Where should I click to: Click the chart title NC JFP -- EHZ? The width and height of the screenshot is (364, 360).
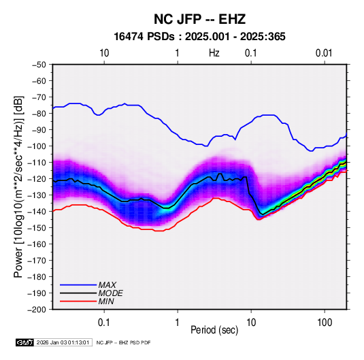(x=199, y=19)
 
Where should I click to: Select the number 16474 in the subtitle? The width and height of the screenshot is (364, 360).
(x=129, y=37)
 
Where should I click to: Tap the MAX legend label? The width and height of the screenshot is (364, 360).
(x=107, y=285)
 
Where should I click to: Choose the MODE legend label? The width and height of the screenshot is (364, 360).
(x=110, y=293)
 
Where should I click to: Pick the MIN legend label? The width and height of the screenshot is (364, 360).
(x=106, y=301)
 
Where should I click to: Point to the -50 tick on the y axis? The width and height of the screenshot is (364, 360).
(x=39, y=65)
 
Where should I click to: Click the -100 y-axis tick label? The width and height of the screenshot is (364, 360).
(x=37, y=146)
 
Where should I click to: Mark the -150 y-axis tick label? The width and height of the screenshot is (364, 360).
(x=37, y=228)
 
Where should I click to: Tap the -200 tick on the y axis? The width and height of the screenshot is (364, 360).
(x=37, y=310)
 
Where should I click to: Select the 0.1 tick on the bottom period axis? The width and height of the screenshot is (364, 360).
(x=104, y=323)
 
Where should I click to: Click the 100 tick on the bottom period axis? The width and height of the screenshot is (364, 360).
(x=325, y=323)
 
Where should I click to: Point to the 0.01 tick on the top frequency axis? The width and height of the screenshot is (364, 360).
(x=324, y=53)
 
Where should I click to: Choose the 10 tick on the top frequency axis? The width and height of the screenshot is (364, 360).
(x=104, y=53)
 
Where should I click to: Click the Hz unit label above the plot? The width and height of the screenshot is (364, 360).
(x=214, y=53)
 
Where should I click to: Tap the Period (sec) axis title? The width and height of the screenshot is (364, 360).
(x=214, y=330)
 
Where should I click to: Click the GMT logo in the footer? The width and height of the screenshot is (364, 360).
(x=24, y=342)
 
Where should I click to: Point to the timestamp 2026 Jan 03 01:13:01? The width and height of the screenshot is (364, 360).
(x=63, y=342)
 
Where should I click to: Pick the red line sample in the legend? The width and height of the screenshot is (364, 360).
(x=78, y=301)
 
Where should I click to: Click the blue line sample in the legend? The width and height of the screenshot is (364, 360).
(x=78, y=285)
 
